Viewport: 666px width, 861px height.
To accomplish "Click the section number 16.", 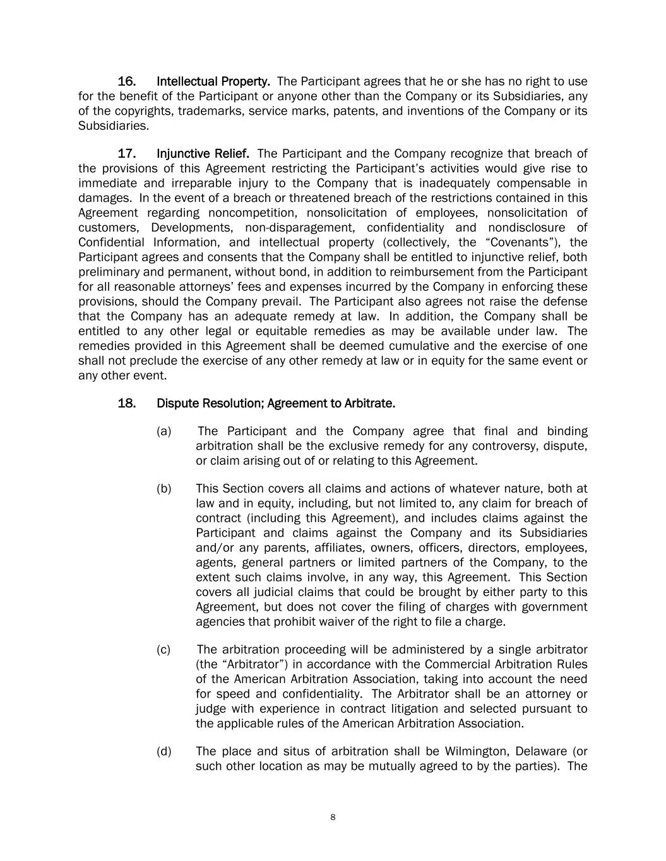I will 127,82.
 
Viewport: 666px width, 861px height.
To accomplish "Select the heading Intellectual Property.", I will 213,82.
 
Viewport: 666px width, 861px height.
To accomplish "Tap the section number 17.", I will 127,154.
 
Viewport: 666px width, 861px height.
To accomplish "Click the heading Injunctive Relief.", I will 203,154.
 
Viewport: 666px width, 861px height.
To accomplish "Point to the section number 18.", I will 127,403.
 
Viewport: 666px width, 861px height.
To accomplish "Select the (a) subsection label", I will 164,431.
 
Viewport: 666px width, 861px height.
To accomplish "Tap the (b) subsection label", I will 164,489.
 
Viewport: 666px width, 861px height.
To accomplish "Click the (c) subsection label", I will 164,650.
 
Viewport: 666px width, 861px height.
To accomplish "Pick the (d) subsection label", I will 164,751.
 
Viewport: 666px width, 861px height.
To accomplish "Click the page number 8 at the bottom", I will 333,817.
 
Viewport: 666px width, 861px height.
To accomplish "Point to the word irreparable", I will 205,184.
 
